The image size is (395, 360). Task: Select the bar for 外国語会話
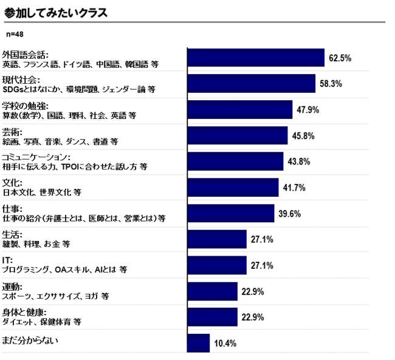pyautogui.click(x=256, y=58)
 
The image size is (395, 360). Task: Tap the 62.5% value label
pyautogui.click(x=340, y=58)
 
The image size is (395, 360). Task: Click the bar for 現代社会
pyautogui.click(x=252, y=84)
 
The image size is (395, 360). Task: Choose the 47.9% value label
pyautogui.click(x=307, y=110)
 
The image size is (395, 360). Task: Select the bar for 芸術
pyautogui.click(x=238, y=136)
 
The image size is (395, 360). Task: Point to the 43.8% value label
pyautogui.click(x=298, y=161)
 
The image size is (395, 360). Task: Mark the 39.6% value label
pyautogui.click(x=290, y=214)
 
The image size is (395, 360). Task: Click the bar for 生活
pyautogui.click(x=217, y=239)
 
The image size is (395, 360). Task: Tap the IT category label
pyautogui.click(x=7, y=260)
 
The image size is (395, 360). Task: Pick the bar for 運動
pyautogui.click(x=213, y=291)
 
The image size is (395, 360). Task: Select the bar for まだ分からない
pyautogui.click(x=199, y=343)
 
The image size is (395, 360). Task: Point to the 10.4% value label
pyautogui.click(x=225, y=343)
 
